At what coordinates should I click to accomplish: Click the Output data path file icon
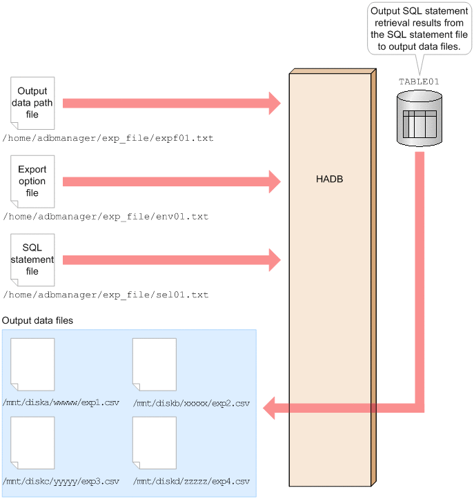tap(32, 103)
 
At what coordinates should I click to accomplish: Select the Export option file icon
tap(32, 182)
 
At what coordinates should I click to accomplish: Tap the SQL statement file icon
tap(32, 260)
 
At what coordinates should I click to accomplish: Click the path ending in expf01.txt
tap(108, 138)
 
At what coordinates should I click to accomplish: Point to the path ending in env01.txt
tap(106, 217)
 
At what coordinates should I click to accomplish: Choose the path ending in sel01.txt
tap(106, 295)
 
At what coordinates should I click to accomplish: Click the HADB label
tap(329, 179)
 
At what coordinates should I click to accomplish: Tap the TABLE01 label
tap(419, 82)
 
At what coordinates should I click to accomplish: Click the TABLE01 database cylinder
tap(419, 118)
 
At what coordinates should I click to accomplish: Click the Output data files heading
tap(37, 320)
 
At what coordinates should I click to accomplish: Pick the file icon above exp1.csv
tap(32, 364)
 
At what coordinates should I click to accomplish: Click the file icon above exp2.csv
tap(155, 364)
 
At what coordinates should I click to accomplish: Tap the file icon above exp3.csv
tap(32, 442)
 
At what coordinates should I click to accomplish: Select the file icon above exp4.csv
tap(155, 442)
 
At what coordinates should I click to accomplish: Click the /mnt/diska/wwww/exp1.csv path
tap(61, 403)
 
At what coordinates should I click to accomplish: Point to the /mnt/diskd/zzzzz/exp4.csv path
tap(192, 482)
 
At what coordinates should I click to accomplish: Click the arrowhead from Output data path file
tap(275, 103)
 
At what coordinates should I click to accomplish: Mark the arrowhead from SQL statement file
tap(275, 260)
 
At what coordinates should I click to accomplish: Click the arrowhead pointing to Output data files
tap(269, 408)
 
